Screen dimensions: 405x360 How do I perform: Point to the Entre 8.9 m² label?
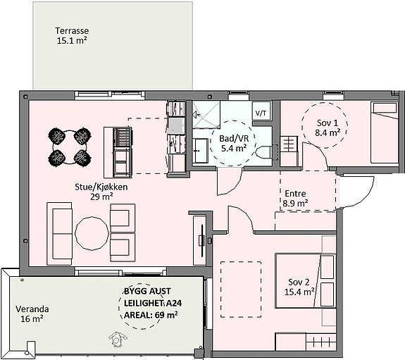(x=295, y=199)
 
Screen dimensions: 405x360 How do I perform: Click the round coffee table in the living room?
(x=92, y=233)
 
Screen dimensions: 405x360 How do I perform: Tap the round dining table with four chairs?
(x=69, y=147)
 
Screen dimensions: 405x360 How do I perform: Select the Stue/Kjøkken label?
(x=101, y=192)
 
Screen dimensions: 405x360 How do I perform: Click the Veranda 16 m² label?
(x=32, y=314)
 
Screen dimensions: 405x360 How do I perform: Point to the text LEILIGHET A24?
(x=153, y=303)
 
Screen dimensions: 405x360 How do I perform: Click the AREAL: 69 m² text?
(x=151, y=315)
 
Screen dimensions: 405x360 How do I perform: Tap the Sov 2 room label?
(x=299, y=287)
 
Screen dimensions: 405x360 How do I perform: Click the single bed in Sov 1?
(x=385, y=132)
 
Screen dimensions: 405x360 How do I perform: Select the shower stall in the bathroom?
(x=206, y=115)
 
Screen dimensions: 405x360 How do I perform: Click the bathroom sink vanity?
(x=201, y=151)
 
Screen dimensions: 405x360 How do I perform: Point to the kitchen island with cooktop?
(x=118, y=152)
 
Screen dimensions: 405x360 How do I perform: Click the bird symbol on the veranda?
(x=118, y=340)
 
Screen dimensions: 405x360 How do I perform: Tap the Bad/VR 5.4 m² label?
(x=234, y=143)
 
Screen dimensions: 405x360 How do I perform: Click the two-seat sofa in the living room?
(x=59, y=234)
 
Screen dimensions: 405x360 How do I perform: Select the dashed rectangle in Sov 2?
(x=241, y=290)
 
